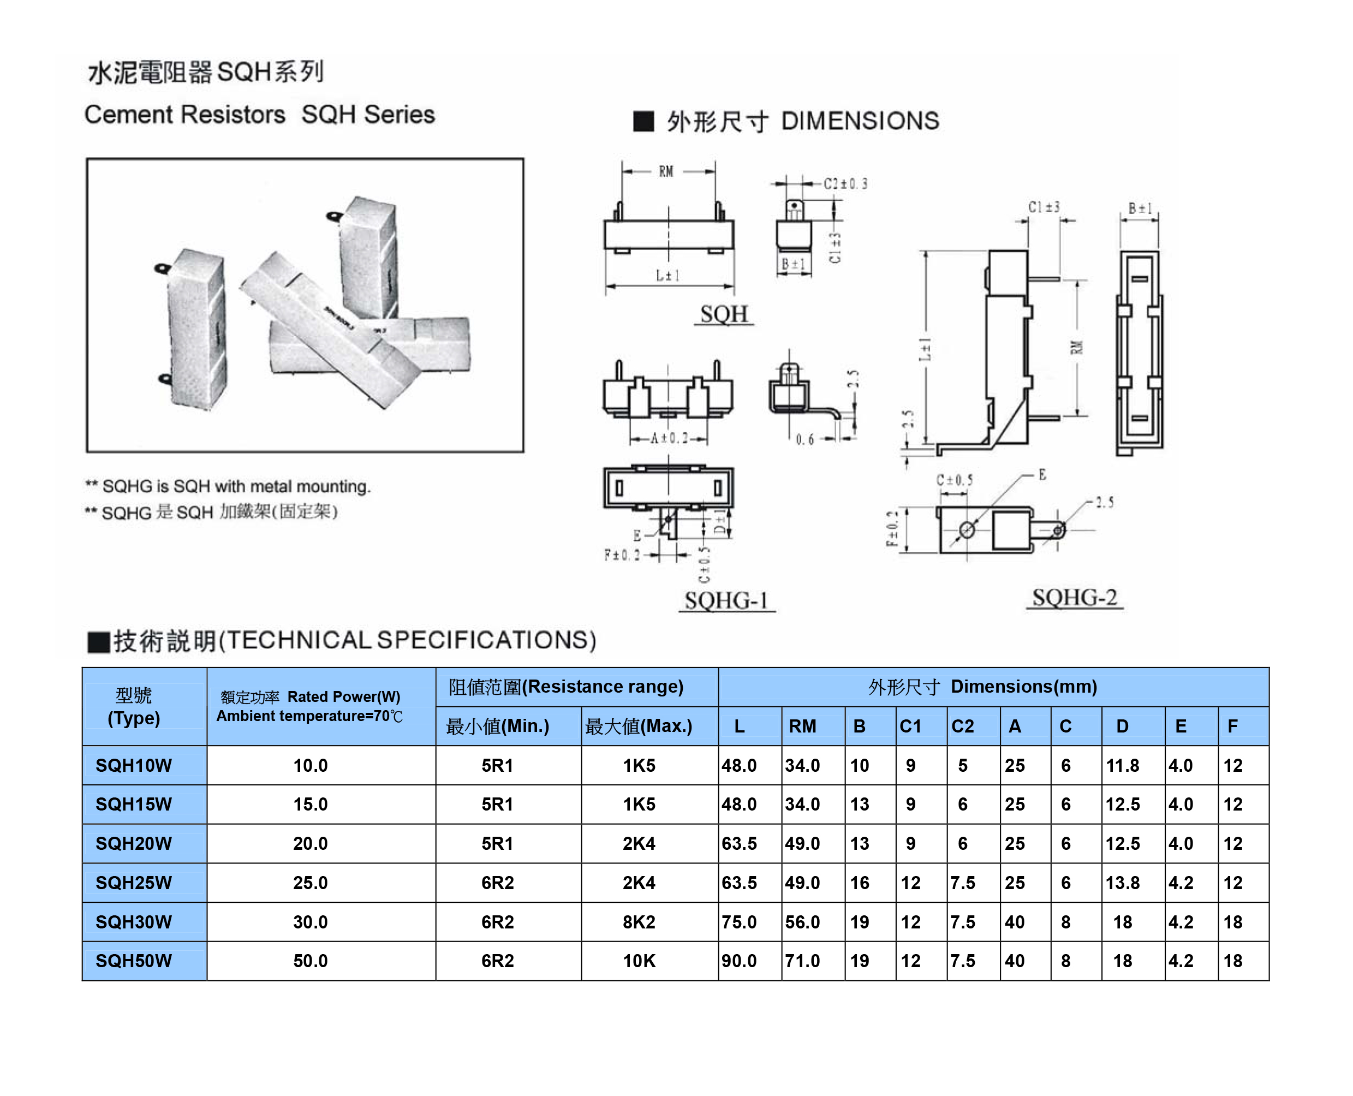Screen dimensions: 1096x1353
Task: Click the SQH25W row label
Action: (133, 883)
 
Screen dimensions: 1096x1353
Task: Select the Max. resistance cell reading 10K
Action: (639, 961)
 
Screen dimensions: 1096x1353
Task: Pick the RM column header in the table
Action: (802, 726)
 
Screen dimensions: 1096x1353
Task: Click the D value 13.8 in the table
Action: (1122, 883)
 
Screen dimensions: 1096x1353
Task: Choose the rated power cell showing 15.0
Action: (310, 805)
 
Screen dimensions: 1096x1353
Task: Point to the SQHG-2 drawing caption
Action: (1074, 597)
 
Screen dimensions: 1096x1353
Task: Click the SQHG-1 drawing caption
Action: (726, 600)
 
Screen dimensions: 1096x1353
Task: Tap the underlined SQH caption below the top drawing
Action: (724, 314)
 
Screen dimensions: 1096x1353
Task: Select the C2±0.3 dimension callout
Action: (845, 184)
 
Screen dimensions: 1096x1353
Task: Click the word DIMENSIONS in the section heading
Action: (860, 121)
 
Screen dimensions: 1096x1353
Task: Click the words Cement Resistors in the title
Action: (185, 115)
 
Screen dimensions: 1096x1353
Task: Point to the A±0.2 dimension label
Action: (669, 438)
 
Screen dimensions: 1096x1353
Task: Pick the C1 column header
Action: (910, 726)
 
